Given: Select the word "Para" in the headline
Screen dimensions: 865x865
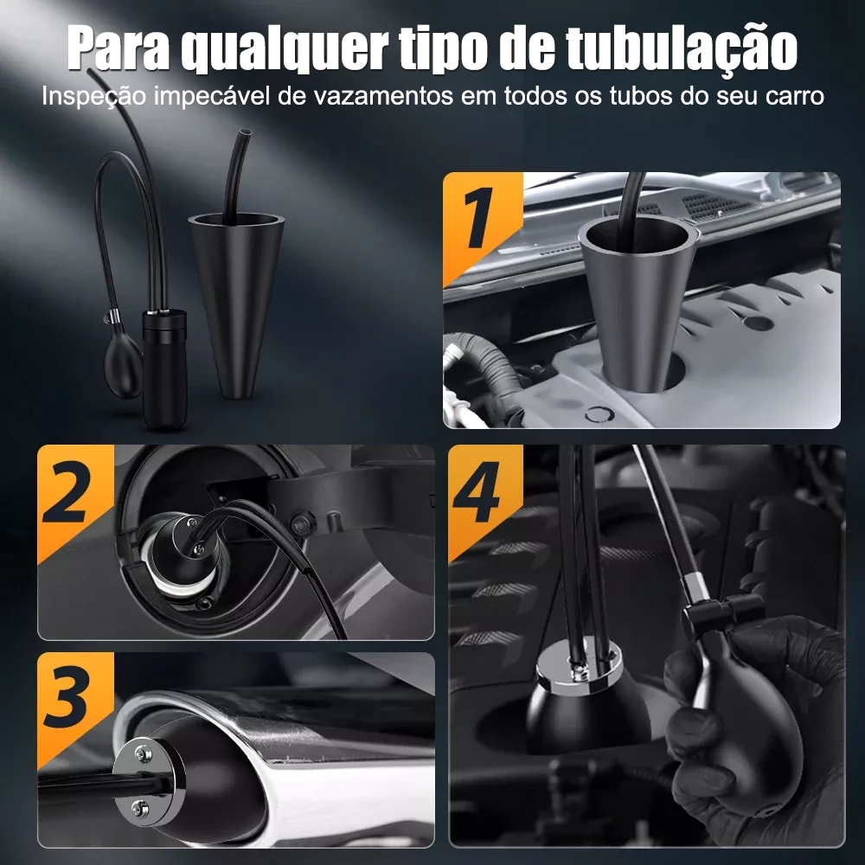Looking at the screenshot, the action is tap(119, 48).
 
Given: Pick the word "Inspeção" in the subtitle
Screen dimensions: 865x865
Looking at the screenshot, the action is tap(93, 97).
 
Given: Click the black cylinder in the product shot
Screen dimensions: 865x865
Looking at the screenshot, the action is tap(164, 369).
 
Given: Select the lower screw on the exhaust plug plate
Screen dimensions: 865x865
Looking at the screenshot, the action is tap(141, 808).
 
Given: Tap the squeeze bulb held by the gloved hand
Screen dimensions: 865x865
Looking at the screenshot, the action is tap(745, 716).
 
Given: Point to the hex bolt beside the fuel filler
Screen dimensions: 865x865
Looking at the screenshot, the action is tap(301, 521).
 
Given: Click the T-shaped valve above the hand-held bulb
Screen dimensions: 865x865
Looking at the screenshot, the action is tap(721, 612).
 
